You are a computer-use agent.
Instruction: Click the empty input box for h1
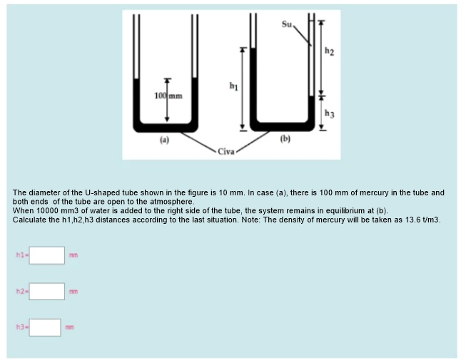pyautogui.click(x=47, y=254)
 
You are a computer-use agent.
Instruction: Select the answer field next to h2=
pyautogui.click(x=47, y=291)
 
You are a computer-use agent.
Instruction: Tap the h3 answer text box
pyautogui.click(x=45, y=327)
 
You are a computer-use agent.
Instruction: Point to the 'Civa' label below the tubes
pyautogui.click(x=226, y=151)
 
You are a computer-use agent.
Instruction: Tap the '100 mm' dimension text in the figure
pyautogui.click(x=168, y=96)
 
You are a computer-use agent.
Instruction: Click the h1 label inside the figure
pyautogui.click(x=232, y=87)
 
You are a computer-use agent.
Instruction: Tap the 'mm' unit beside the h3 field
pyautogui.click(x=69, y=328)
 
